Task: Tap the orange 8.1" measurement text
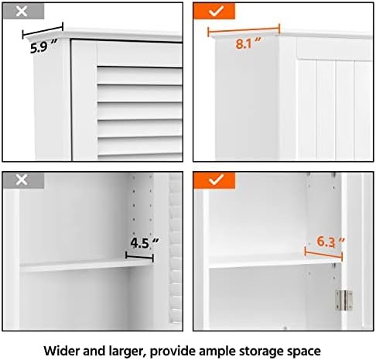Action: pyautogui.click(x=246, y=43)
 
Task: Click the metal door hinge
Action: pyautogui.click(x=342, y=297)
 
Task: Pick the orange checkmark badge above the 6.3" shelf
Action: pyautogui.click(x=214, y=180)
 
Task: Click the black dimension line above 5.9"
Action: pyautogui.click(x=44, y=33)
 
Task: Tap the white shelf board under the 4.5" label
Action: pyautogui.click(x=85, y=265)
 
